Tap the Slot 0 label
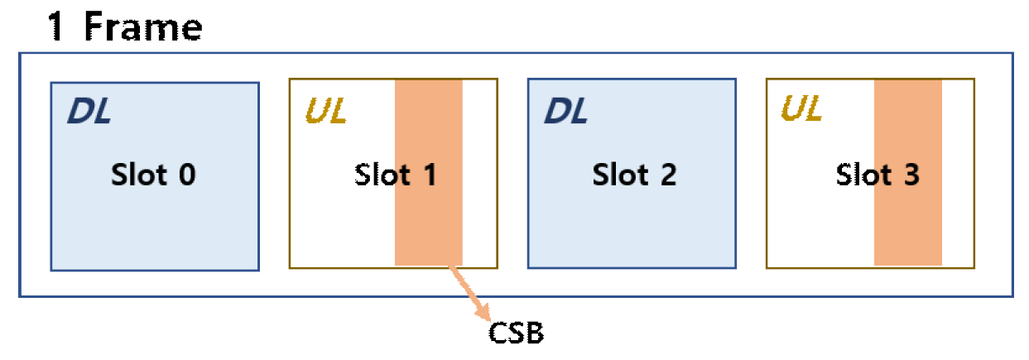[153, 175]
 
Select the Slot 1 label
[396, 175]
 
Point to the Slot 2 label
[634, 175]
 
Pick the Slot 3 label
[878, 175]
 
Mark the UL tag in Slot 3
[801, 110]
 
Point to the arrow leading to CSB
[469, 293]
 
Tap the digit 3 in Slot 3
[911, 175]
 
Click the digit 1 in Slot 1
[430, 175]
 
